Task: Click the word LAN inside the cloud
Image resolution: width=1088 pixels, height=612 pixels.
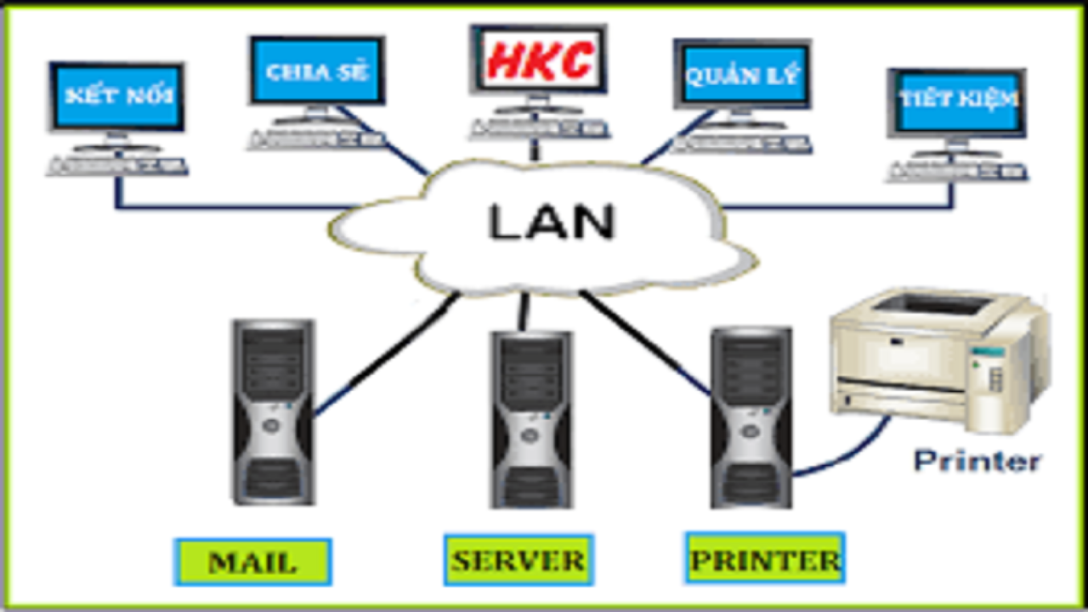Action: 552,222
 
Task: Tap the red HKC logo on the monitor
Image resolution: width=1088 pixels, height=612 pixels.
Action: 540,60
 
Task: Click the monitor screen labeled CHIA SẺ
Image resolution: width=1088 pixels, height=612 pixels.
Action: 317,71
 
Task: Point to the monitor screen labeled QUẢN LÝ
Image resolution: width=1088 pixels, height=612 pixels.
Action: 742,75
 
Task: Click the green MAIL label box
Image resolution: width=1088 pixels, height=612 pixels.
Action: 252,562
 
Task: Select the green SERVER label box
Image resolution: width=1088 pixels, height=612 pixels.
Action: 518,560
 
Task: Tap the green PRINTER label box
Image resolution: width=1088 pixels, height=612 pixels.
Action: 765,558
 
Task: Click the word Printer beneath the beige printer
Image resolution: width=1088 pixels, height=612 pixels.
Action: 977,461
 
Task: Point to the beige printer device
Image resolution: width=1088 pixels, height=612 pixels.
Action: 940,360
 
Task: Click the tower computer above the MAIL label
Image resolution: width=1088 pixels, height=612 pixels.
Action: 274,412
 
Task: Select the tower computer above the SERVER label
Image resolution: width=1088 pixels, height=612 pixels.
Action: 531,420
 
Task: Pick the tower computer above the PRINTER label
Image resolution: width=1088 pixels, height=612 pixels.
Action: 751,417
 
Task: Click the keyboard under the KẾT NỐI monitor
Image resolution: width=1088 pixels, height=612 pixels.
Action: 116,166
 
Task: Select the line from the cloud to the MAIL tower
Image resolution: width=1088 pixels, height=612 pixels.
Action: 387,354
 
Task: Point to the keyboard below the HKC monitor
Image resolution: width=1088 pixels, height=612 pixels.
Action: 539,129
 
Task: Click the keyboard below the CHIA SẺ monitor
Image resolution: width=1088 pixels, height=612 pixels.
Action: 317,140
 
